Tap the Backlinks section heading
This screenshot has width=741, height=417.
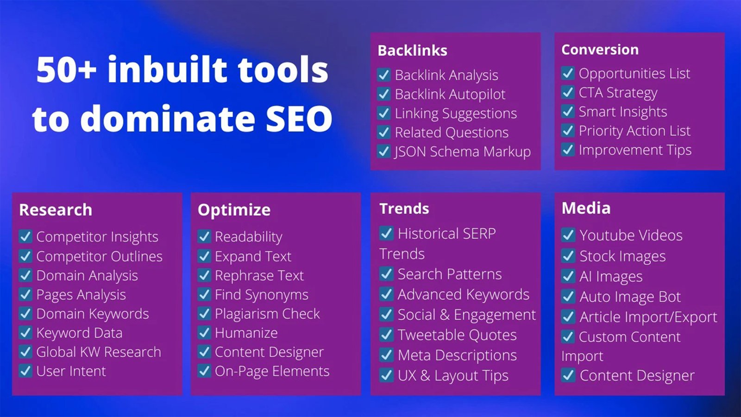coord(413,51)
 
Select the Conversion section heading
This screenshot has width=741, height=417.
coord(600,50)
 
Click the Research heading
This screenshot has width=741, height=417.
coord(56,210)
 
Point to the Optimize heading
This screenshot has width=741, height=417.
coord(234,210)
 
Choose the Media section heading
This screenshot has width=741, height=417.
coord(586,208)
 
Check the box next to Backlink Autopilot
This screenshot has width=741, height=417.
coord(384,95)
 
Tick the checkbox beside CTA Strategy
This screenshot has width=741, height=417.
coord(568,92)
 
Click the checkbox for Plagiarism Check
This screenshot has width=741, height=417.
coord(204,314)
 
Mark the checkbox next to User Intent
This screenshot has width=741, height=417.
coord(25,371)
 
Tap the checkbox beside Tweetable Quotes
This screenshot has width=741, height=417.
coord(386,335)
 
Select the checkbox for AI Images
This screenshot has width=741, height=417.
coord(568,276)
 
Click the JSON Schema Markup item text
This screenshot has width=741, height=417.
coord(463,152)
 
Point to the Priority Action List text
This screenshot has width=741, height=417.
coord(635,131)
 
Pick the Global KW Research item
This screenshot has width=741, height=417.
coord(99,352)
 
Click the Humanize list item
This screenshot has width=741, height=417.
coord(246,333)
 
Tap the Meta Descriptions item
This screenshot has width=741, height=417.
coord(457,355)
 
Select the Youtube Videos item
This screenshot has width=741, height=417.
coord(631,236)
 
